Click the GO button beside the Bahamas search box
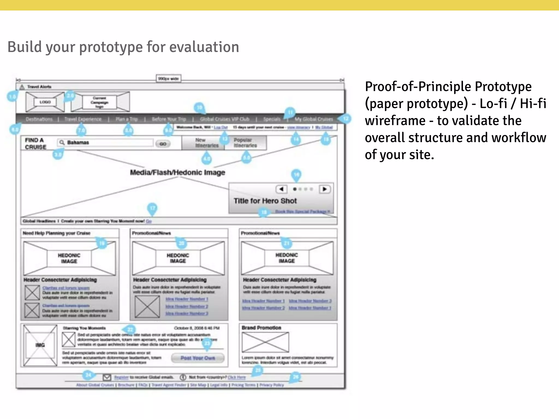(x=163, y=144)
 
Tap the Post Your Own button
(x=198, y=358)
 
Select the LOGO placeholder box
(x=45, y=102)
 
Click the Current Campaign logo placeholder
(x=100, y=102)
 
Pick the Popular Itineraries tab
(x=245, y=143)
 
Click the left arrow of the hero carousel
(x=281, y=189)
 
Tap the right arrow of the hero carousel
(x=325, y=189)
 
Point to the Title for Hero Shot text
(x=265, y=201)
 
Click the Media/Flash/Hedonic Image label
(x=177, y=172)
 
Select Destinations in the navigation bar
(x=39, y=119)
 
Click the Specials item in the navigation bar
(x=272, y=119)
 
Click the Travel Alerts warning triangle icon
(x=22, y=87)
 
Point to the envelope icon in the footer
(x=107, y=377)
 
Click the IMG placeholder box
(x=40, y=345)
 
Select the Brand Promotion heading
(x=261, y=328)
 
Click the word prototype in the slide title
(x=111, y=47)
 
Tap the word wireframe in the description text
(x=395, y=121)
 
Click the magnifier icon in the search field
(x=62, y=142)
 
